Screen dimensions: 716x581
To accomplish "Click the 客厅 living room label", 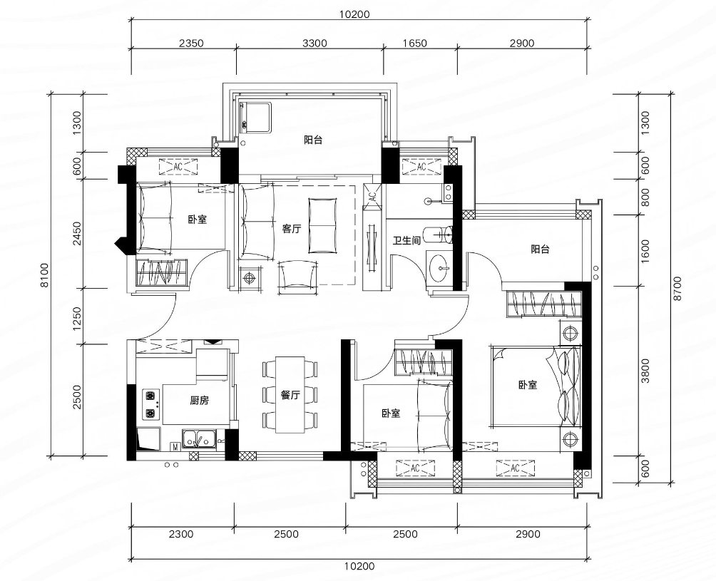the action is [x=292, y=229].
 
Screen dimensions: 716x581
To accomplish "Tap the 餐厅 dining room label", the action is [x=290, y=395].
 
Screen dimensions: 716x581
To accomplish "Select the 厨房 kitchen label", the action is [x=199, y=401].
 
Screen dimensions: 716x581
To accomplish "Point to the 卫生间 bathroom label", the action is [x=406, y=240].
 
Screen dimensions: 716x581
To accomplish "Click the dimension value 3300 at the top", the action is [x=314, y=43].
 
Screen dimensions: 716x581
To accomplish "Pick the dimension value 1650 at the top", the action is [x=415, y=43].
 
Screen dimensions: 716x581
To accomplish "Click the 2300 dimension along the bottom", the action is [x=181, y=534].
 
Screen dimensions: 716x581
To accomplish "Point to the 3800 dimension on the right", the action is [x=645, y=371].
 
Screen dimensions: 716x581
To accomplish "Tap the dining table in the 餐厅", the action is [x=290, y=394].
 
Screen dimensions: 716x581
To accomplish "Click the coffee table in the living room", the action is [x=322, y=225].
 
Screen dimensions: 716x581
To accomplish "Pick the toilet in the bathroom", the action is [x=438, y=235].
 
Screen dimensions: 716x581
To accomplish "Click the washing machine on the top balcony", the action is [x=256, y=118].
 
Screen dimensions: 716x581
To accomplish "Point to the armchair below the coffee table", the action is [x=297, y=275].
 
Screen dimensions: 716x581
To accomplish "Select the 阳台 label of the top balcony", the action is [x=313, y=140].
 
